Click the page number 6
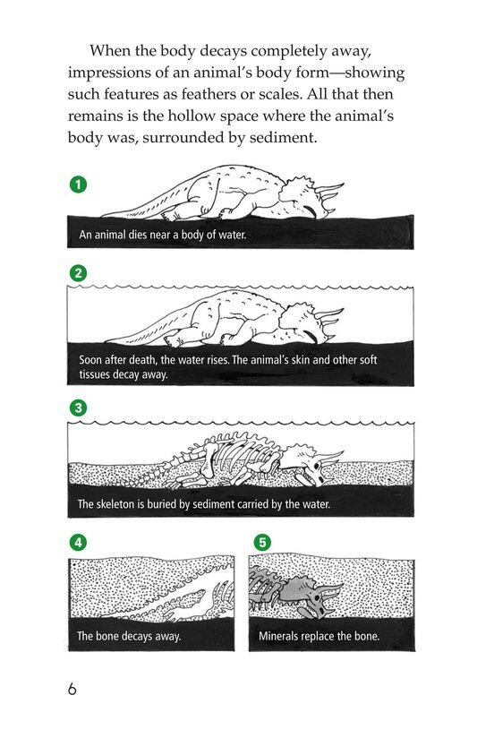(x=72, y=689)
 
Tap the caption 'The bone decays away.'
(x=129, y=637)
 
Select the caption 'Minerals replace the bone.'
(x=319, y=637)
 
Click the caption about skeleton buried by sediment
(x=203, y=504)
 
